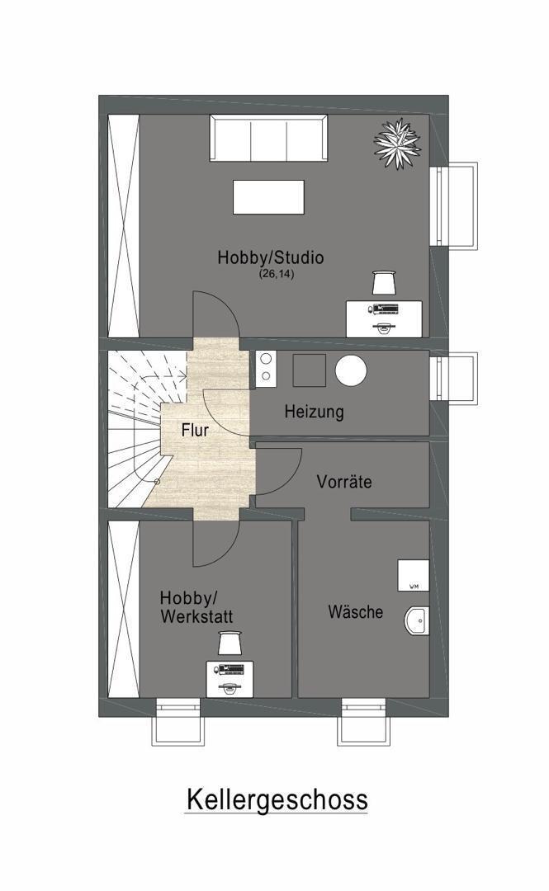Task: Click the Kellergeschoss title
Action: tap(277, 800)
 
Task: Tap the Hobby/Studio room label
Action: tap(271, 257)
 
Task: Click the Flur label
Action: tap(195, 430)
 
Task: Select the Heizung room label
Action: tap(314, 412)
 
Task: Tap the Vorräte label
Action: tap(344, 482)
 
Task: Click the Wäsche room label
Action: tap(356, 612)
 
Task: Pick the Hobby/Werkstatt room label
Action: tap(196, 607)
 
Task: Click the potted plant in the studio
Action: tap(398, 143)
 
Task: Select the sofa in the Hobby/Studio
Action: tap(268, 138)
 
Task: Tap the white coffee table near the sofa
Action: tap(268, 197)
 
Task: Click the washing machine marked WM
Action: tap(413, 575)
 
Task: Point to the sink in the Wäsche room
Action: tap(417, 620)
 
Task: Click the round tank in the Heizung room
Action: tap(351, 370)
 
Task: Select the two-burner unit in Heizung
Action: tap(266, 367)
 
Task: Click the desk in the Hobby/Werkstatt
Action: tap(230, 679)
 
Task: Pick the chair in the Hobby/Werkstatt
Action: tap(230, 643)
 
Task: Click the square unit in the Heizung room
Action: tap(309, 370)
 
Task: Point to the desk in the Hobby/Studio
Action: tap(384, 318)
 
